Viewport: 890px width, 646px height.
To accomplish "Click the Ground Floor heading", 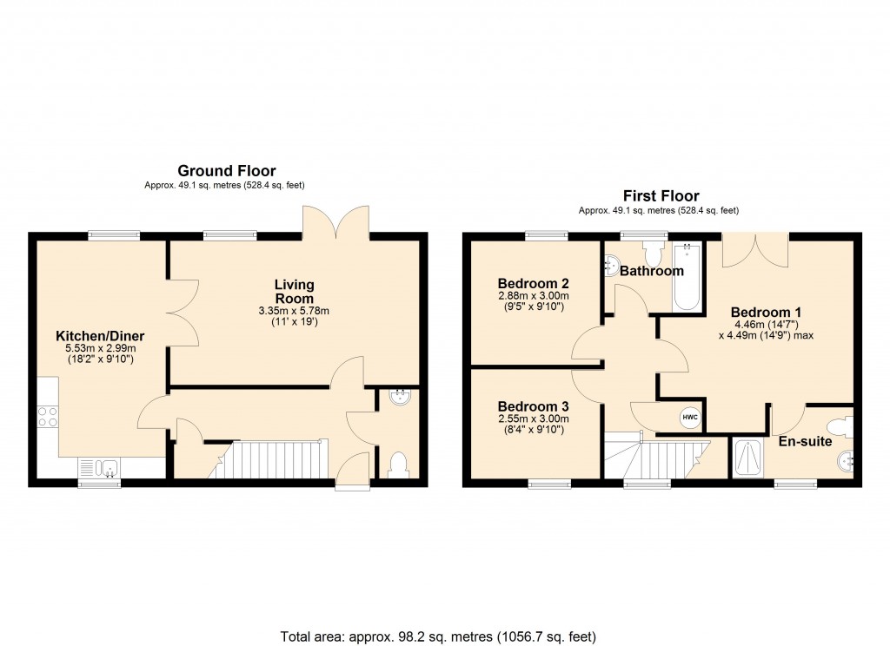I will [226, 170].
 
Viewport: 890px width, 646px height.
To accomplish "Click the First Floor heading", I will [661, 195].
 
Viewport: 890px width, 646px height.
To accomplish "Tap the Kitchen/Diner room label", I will [100, 336].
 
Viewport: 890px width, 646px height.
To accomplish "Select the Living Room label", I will [294, 291].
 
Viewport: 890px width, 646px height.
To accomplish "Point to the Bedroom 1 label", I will [766, 313].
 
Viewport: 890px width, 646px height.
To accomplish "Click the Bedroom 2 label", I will [533, 283].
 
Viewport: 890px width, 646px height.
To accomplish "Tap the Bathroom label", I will [652, 271].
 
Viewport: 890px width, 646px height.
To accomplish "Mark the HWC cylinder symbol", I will [690, 418].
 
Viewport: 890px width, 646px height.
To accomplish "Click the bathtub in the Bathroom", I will [687, 278].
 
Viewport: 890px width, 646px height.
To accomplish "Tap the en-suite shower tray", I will [747, 458].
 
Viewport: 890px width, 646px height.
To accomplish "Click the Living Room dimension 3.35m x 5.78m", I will [294, 311].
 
